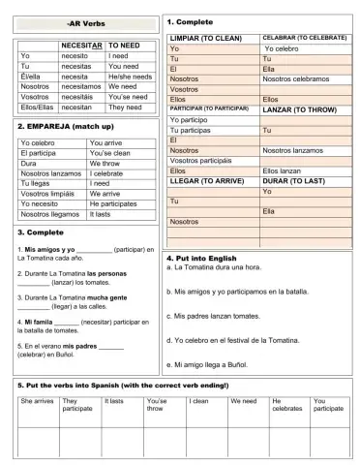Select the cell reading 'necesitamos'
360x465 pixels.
(x=83, y=85)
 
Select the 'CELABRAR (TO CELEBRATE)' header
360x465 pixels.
(x=304, y=37)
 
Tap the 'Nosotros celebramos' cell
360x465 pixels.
(x=300, y=78)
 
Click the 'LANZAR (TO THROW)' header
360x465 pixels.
(x=299, y=108)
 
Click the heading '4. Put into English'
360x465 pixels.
(x=207, y=259)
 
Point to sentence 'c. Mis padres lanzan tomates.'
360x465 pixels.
(x=219, y=315)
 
